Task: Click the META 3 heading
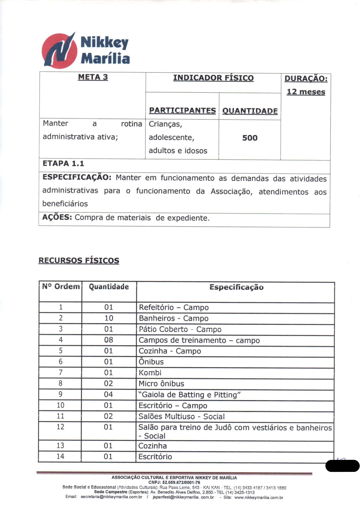93,77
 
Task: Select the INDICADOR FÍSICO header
213,78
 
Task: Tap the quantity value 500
250,138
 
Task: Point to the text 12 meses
306,92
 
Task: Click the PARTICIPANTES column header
182,111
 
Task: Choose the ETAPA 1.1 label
63,163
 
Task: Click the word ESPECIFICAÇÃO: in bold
77,177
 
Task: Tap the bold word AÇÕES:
57,217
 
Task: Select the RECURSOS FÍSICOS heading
79,260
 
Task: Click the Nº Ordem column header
61,287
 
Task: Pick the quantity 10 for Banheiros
109,318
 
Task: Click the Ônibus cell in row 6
151,362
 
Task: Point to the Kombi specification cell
150,373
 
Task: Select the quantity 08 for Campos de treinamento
109,340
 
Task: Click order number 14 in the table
60,456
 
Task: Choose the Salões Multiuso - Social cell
181,417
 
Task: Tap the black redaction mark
343,466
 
